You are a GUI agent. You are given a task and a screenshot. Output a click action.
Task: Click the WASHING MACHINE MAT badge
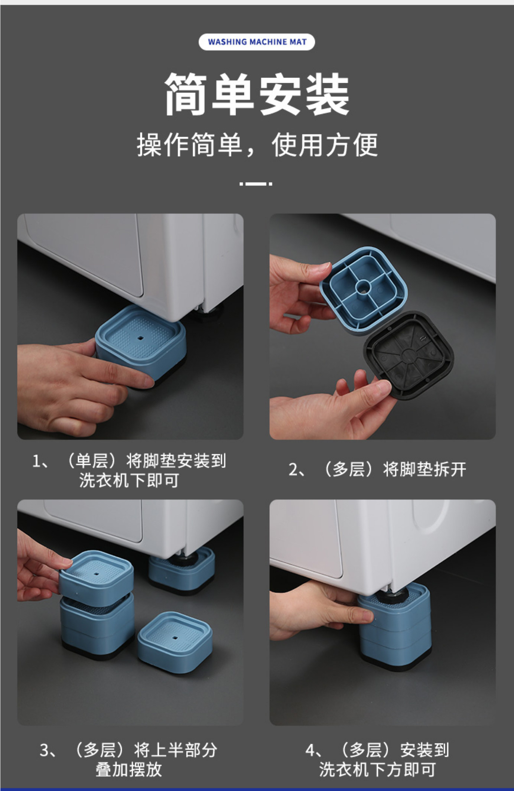[257, 42]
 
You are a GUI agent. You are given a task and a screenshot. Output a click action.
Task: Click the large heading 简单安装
[257, 94]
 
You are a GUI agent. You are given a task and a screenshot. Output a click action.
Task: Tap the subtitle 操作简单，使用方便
[257, 145]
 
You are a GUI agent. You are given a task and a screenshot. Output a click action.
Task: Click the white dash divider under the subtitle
[256, 183]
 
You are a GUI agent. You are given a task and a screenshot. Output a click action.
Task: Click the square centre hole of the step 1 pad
[140, 338]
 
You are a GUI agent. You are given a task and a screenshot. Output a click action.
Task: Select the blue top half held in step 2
[363, 288]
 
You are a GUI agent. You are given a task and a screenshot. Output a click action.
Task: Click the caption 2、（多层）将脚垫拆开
[377, 469]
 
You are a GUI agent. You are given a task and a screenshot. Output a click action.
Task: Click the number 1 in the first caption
[37, 462]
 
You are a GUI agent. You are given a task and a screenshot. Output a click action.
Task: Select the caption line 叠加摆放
[129, 769]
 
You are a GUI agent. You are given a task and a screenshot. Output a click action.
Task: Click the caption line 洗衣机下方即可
[377, 769]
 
